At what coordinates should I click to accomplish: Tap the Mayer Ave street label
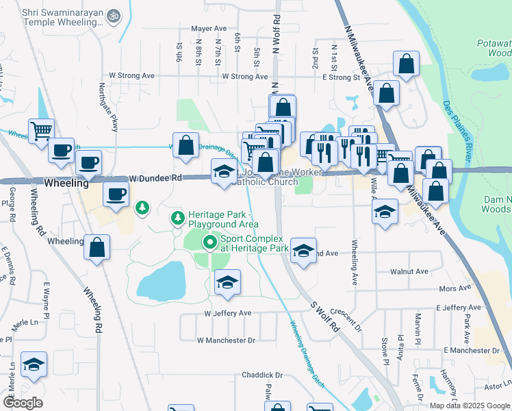(209, 29)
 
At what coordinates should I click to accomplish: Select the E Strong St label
(341, 77)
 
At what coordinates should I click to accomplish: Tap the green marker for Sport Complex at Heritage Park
(209, 242)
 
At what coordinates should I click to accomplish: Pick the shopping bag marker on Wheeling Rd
(97, 247)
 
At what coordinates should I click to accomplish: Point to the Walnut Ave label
(409, 271)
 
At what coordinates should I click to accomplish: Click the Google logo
(23, 403)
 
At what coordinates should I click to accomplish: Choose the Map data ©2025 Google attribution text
(469, 406)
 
